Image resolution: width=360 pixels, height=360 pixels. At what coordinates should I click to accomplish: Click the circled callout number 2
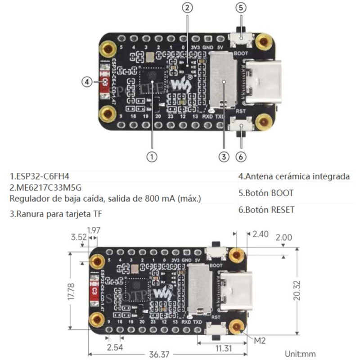(188, 7)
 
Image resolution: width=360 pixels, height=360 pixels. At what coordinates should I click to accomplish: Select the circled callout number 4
(87, 82)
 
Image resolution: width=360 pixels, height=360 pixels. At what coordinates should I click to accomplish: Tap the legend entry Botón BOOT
(265, 193)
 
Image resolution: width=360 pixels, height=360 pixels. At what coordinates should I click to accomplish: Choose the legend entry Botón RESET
(266, 210)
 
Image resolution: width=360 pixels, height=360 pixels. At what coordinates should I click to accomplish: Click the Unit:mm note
(301, 354)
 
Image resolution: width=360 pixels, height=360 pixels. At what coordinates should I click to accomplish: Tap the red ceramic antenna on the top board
(105, 82)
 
